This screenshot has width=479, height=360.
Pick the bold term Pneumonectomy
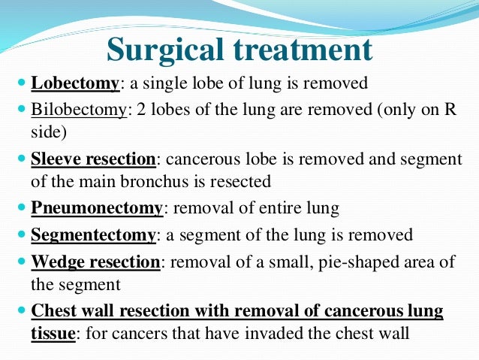tap(97, 208)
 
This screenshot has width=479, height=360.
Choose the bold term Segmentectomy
tap(94, 234)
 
